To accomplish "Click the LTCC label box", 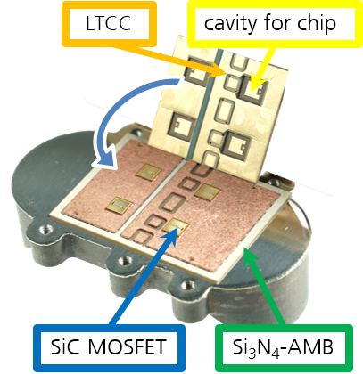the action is click(x=109, y=24).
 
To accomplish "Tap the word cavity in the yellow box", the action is click(x=229, y=23).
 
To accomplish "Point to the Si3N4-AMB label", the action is click(x=284, y=348).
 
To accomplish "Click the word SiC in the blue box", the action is click(x=67, y=346).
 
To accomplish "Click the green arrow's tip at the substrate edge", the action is click(x=244, y=249).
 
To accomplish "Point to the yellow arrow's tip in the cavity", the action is click(x=252, y=92).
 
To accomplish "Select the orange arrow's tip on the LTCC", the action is click(x=227, y=73).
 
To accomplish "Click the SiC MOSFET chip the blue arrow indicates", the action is click(x=176, y=228).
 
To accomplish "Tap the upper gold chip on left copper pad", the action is click(x=149, y=172).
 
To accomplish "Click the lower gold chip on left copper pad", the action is click(x=120, y=206).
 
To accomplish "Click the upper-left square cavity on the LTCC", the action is click(x=197, y=71).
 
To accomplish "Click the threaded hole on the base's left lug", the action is click(x=46, y=229).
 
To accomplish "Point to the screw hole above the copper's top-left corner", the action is click(x=136, y=131).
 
